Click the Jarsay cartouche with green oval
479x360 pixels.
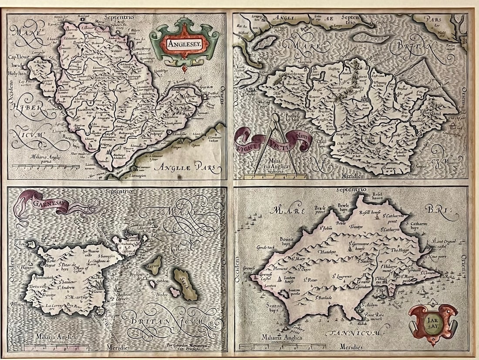coord(433,323)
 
